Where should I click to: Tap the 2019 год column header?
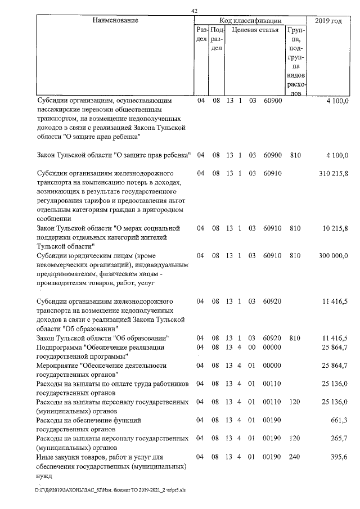(x=328, y=21)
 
